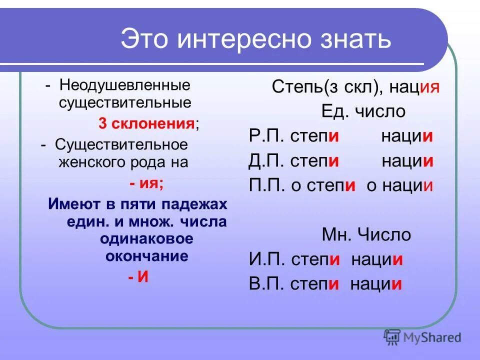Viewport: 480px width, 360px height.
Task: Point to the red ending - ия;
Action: [x=146, y=183]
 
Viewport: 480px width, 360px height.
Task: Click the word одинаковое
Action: [x=146, y=239]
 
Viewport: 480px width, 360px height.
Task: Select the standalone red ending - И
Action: [x=138, y=277]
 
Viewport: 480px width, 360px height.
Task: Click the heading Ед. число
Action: [x=363, y=111]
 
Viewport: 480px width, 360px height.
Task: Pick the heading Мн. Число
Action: [x=366, y=234]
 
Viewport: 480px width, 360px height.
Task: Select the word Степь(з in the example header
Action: [x=299, y=87]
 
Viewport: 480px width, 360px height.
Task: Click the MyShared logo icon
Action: [x=392, y=338]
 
